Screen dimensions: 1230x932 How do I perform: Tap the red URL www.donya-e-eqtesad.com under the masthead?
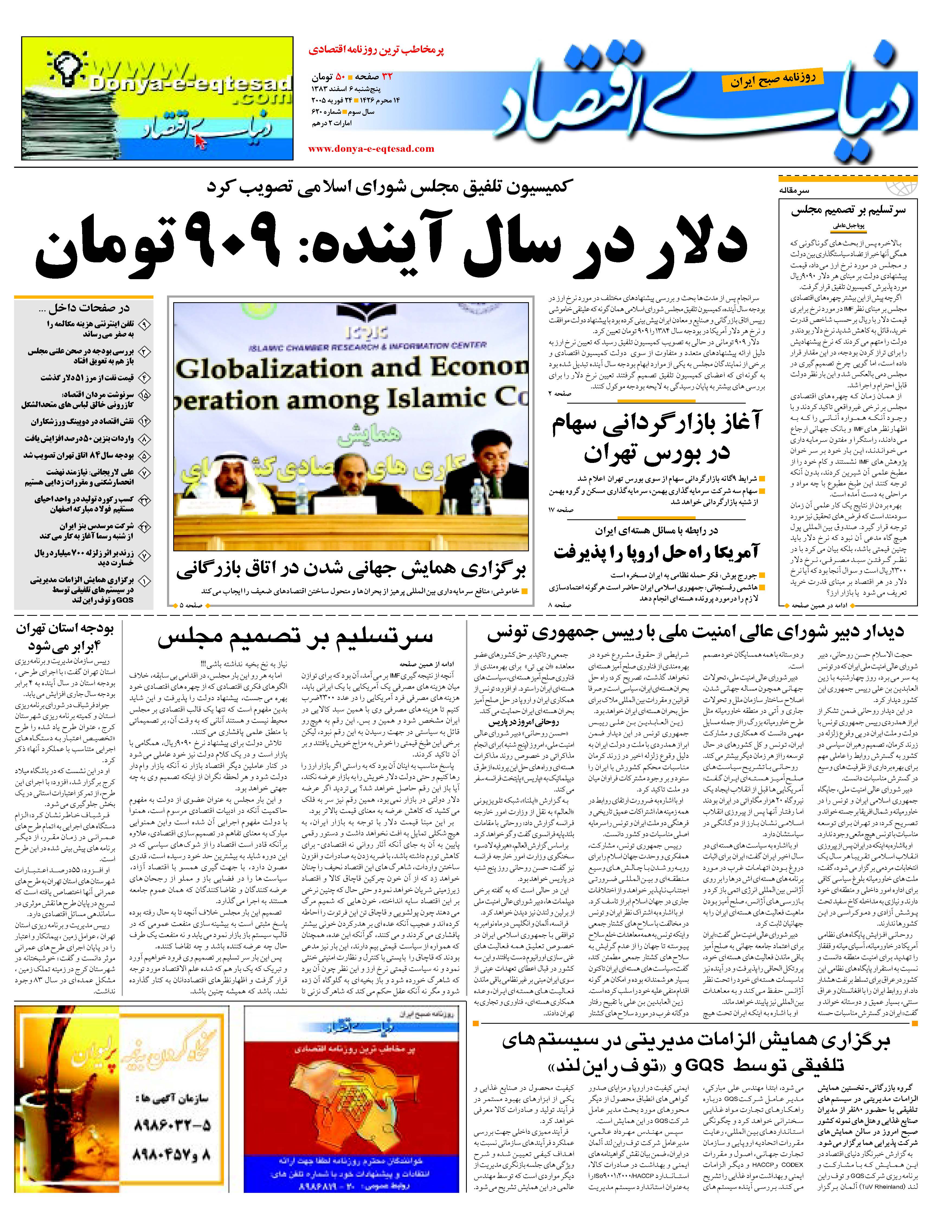pyautogui.click(x=371, y=149)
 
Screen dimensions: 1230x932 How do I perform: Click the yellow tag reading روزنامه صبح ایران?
pyautogui.click(x=770, y=79)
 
